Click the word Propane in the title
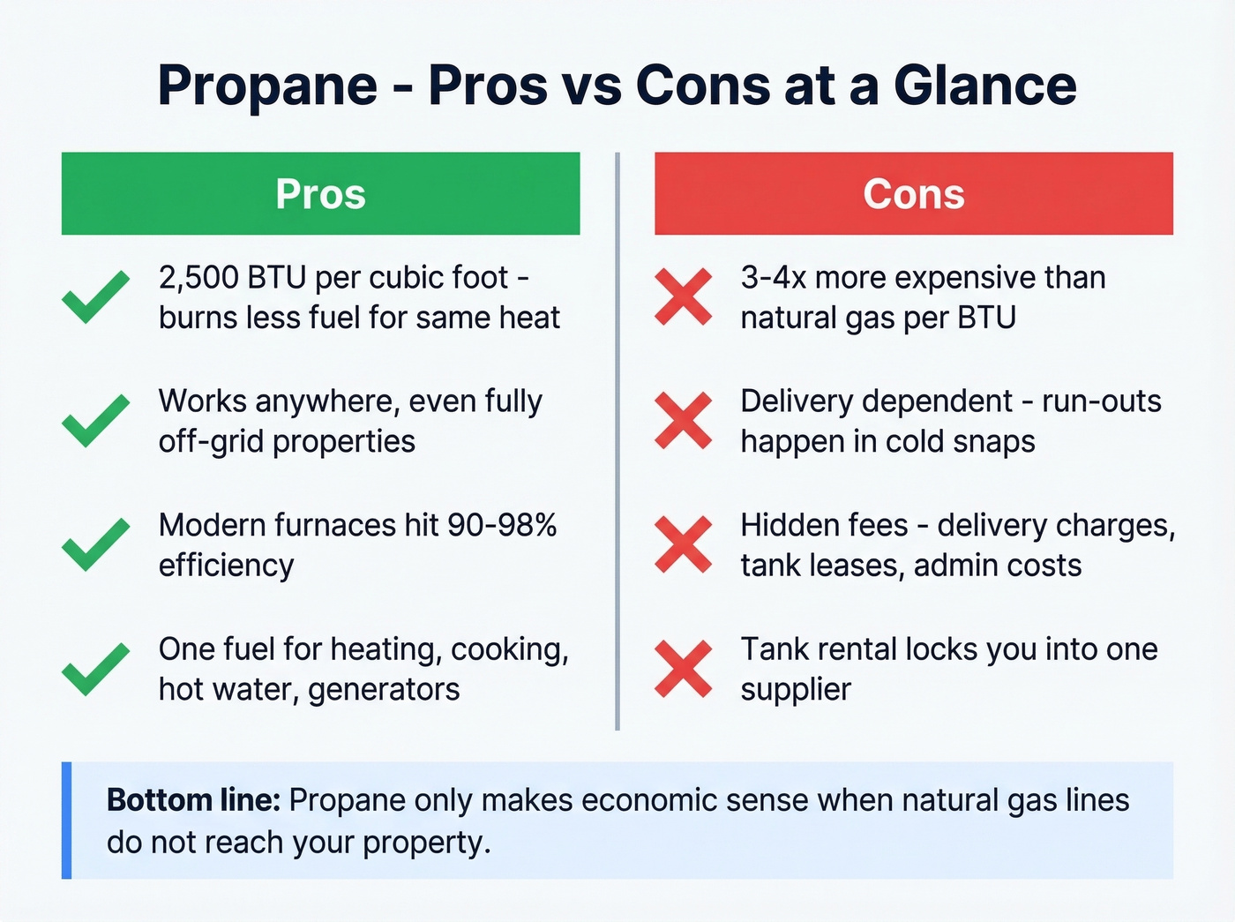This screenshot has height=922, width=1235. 267,86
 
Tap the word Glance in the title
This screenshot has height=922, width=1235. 984,86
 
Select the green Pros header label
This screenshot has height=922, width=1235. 320,194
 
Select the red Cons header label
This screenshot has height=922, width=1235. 914,194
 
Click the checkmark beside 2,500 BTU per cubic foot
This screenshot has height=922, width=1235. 95,297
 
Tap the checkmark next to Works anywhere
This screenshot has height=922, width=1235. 95,421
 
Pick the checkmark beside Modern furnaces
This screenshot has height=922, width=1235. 95,544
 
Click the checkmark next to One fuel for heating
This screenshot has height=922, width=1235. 95,669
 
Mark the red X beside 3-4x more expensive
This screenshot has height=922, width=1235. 683,297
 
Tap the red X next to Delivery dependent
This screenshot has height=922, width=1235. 683,421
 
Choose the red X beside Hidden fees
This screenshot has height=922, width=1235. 683,544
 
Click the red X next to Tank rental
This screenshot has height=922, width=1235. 683,669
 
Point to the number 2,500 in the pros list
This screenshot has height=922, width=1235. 198,278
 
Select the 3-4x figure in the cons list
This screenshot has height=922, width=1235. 773,278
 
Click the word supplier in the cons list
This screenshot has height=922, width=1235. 796,689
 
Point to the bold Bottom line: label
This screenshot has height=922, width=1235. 193,800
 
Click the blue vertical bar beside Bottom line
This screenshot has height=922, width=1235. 66,821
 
